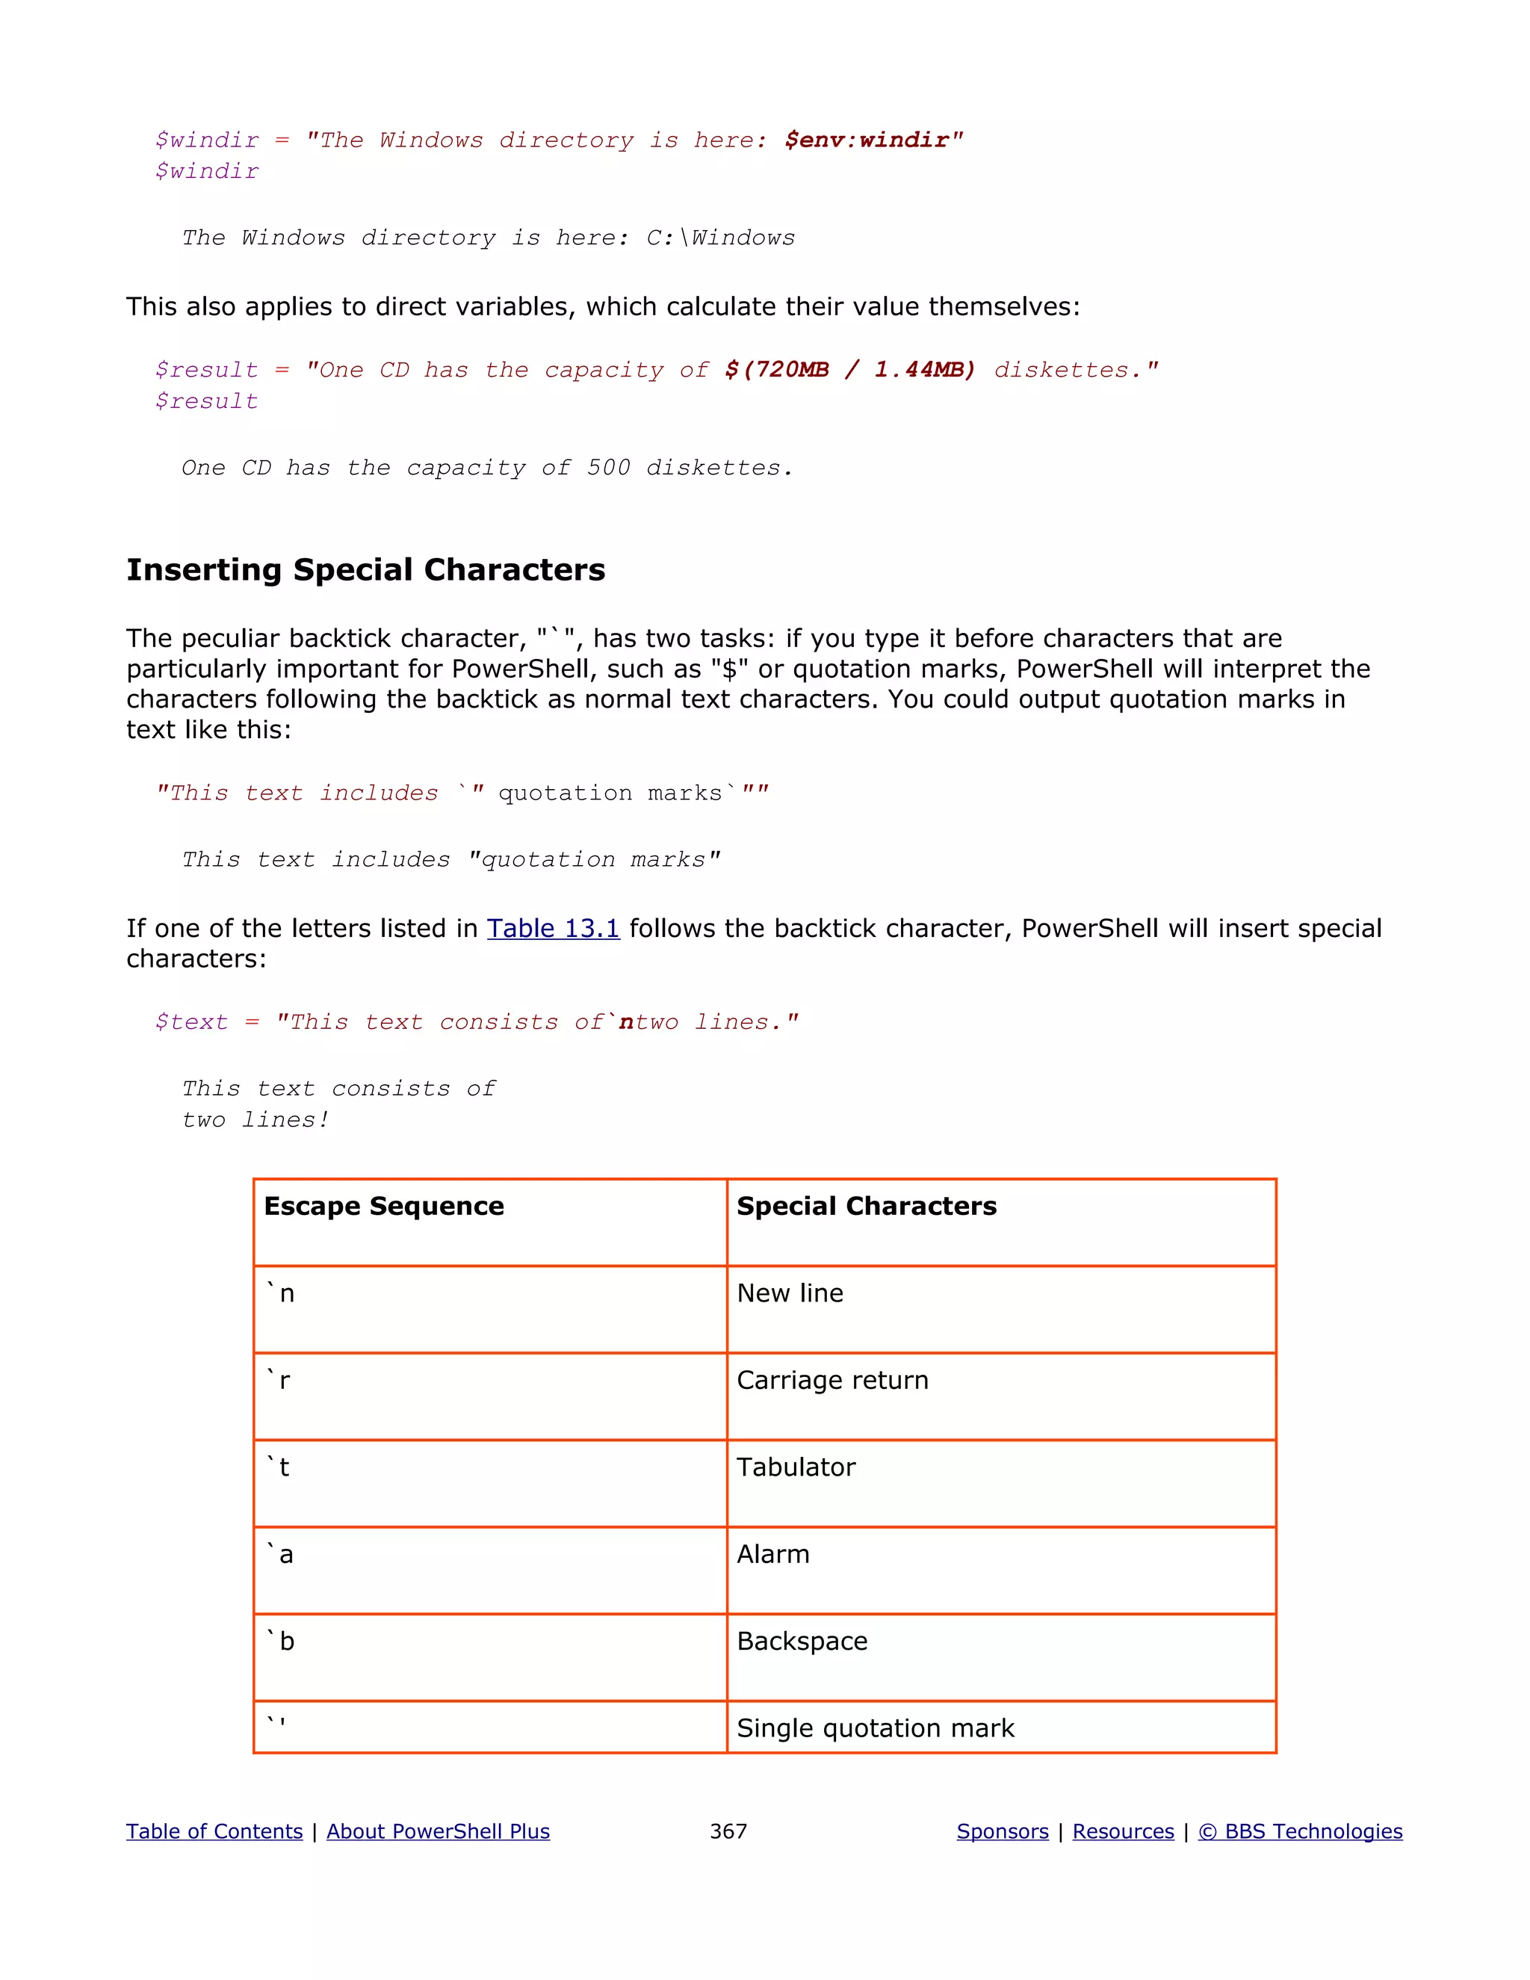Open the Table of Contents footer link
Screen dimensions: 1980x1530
pos(214,1831)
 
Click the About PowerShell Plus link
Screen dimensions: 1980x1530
pos(438,1831)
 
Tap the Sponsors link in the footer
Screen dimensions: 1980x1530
pos(1003,1831)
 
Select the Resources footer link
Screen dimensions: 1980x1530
pos(1123,1831)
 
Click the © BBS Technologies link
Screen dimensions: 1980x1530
pos(1300,1831)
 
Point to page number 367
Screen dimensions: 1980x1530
pos(728,1831)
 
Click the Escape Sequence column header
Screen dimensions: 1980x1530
pos(383,1207)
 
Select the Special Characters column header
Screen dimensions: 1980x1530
pos(866,1207)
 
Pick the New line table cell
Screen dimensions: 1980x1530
pos(790,1293)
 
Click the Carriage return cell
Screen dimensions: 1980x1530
pos(832,1381)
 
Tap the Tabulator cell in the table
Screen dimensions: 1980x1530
pos(795,1467)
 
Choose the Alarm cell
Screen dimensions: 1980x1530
pos(772,1555)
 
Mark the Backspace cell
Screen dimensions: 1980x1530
pos(802,1642)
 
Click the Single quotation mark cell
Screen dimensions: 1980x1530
pos(875,1729)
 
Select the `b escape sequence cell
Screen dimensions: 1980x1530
pos(280,1642)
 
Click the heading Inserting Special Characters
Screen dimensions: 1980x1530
pos(365,569)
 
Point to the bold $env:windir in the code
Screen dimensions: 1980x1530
pos(866,140)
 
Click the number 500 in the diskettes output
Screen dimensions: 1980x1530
pos(607,468)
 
